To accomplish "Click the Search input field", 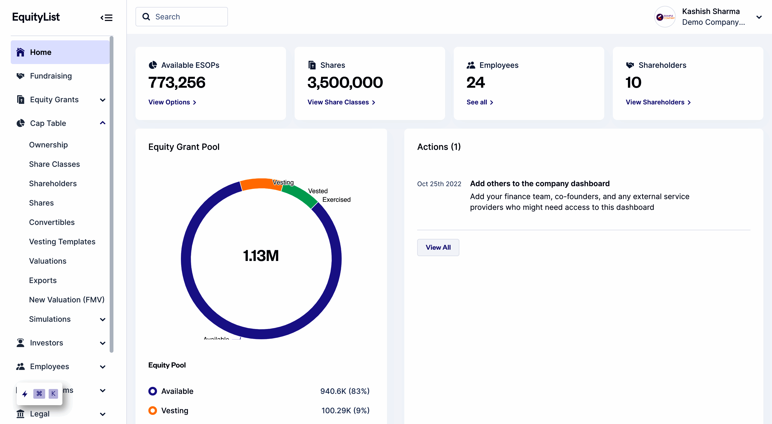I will [186, 17].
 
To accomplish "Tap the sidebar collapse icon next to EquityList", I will [106, 18].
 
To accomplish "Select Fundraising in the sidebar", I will [51, 76].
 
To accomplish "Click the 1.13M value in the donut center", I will [261, 256].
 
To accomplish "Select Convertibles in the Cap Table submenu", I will [52, 222].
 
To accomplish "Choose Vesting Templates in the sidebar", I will [62, 242].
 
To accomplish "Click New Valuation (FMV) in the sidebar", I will [67, 299].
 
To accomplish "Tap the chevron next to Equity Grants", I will [102, 100].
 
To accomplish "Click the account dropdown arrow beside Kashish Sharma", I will [759, 17].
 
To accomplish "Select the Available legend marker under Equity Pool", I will [152, 391].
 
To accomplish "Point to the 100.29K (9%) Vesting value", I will [345, 411].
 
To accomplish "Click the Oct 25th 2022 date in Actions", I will [439, 184].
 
